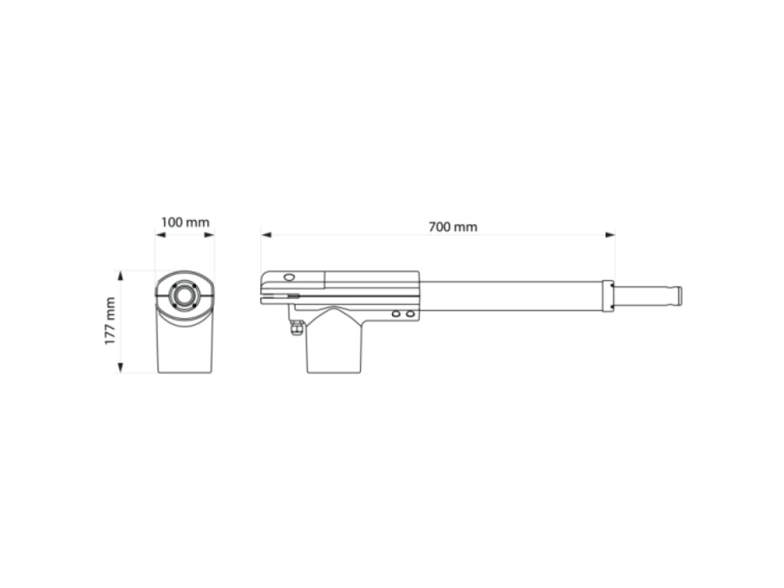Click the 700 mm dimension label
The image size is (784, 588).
(x=453, y=227)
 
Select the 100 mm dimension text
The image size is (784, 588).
(x=185, y=222)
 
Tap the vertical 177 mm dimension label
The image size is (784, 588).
(x=110, y=321)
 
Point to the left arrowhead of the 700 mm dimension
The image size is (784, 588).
(x=266, y=235)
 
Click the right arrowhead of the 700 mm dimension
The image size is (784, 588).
(x=610, y=235)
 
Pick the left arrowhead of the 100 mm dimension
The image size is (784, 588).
(x=161, y=235)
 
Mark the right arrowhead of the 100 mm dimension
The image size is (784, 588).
(x=209, y=235)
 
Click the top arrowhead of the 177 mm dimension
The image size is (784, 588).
(x=120, y=276)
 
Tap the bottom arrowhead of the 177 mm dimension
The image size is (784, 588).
(x=120, y=368)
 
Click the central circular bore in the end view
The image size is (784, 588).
(x=185, y=296)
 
